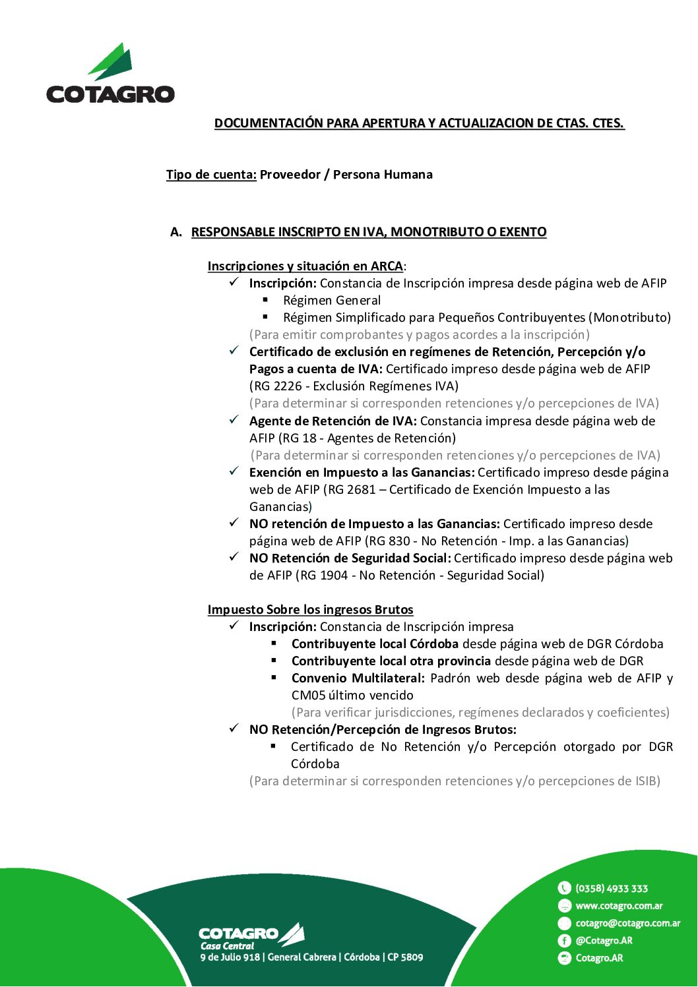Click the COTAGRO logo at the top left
point(110,74)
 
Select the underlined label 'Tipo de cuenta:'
point(211,175)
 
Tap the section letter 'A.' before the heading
point(175,232)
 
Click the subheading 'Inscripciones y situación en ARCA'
point(305,266)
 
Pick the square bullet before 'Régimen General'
point(265,300)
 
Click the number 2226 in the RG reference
point(285,386)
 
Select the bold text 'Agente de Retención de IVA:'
point(333,421)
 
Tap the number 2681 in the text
point(361,490)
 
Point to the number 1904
point(333,576)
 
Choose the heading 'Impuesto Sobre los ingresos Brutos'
point(310,610)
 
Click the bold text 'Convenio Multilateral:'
point(358,678)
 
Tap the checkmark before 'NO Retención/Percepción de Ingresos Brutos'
point(234,729)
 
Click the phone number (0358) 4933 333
point(612,889)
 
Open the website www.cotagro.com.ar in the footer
point(619,906)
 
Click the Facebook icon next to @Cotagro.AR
point(564,941)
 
